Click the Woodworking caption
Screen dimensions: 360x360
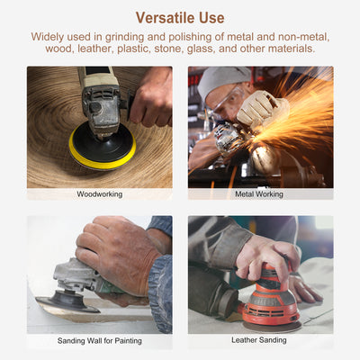tap(99, 193)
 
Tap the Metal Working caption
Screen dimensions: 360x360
tap(260, 193)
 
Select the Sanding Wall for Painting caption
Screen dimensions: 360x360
tap(99, 342)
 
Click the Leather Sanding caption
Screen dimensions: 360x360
tap(260, 342)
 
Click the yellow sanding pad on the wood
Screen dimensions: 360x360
tap(102, 154)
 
